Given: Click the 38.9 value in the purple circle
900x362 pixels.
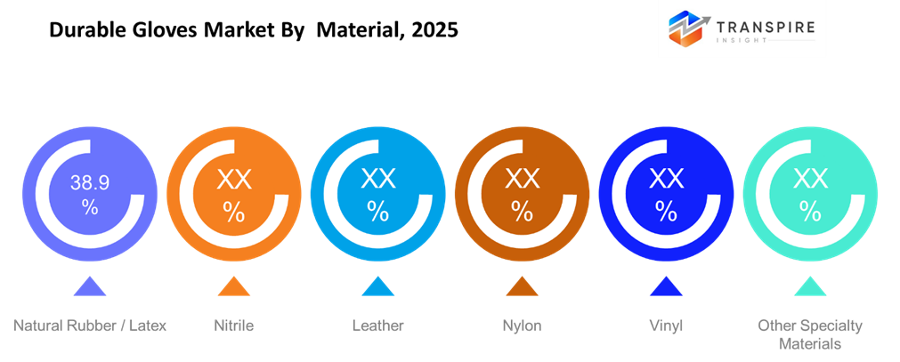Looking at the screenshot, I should coord(89,184).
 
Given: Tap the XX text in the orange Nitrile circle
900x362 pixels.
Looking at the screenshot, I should coord(233,181).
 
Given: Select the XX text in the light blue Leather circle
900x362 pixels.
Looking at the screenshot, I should coord(377,181).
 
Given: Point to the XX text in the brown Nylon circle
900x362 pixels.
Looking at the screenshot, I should coord(522,181).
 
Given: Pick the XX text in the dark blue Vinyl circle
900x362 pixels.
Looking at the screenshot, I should coord(666,181).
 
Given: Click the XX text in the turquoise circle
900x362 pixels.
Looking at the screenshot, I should coord(810,181).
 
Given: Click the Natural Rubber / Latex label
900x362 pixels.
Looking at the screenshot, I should coord(89,326).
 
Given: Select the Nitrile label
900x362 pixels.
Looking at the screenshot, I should coord(233,326).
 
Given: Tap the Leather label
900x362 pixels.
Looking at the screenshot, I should coord(377,326).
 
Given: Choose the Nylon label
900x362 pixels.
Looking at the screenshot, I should coord(522,326).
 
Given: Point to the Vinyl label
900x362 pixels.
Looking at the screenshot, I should coord(666,326).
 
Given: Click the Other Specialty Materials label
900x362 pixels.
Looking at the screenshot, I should coord(810,334).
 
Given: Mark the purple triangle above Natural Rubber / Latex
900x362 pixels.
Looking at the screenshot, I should coord(89,286).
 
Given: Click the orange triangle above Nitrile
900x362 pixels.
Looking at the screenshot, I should coord(233,286).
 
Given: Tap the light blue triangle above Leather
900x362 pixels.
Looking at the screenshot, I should coord(377,286).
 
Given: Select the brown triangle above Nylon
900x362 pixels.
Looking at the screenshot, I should coord(522,286).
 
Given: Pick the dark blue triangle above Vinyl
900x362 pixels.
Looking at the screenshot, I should coord(666,286).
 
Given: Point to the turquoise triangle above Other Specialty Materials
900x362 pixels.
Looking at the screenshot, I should coord(810,286).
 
